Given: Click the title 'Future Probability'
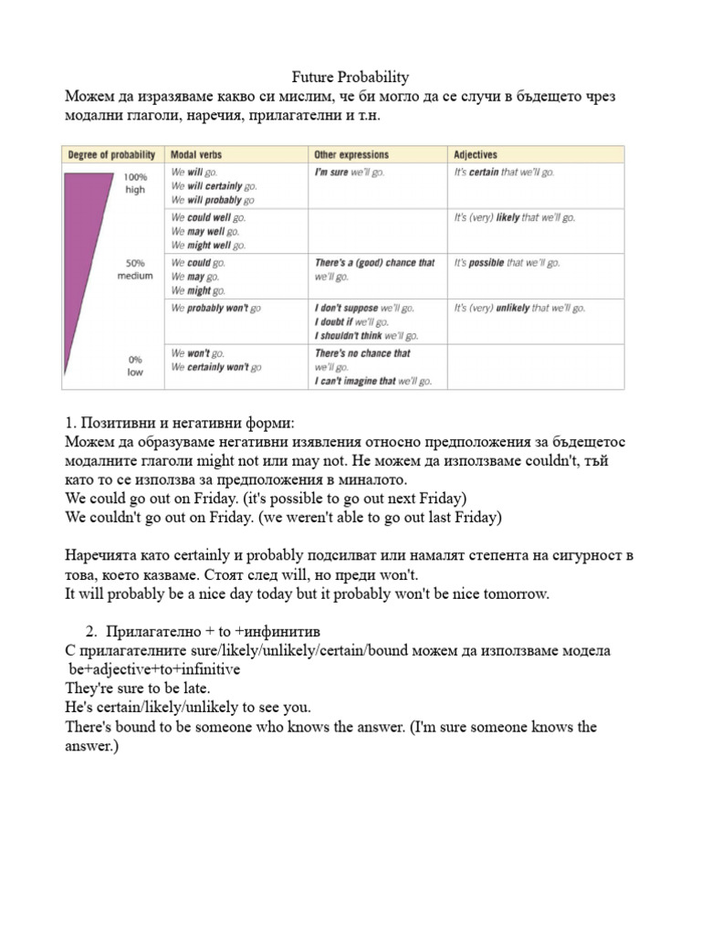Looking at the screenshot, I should point(350,78).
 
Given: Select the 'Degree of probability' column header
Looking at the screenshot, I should point(109,155).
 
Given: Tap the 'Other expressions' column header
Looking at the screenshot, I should point(351,155).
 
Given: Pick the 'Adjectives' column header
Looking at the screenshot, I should point(476,155).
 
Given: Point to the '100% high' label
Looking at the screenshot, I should point(134,183).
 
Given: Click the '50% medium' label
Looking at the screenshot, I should point(134,269).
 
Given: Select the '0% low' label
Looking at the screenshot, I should point(134,366).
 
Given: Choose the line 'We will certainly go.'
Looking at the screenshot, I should point(208,185).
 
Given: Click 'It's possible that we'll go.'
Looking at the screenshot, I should point(504,263).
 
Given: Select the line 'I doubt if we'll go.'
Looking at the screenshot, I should point(351,322).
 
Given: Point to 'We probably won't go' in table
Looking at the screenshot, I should point(215,309).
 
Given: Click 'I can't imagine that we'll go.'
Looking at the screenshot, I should point(372,381).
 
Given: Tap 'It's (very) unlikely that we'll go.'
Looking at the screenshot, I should point(519,309).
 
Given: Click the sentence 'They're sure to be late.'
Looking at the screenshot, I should point(138,688).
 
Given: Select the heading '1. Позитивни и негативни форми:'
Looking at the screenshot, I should point(181,424).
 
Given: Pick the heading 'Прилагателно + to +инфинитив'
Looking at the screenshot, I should point(211,632).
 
